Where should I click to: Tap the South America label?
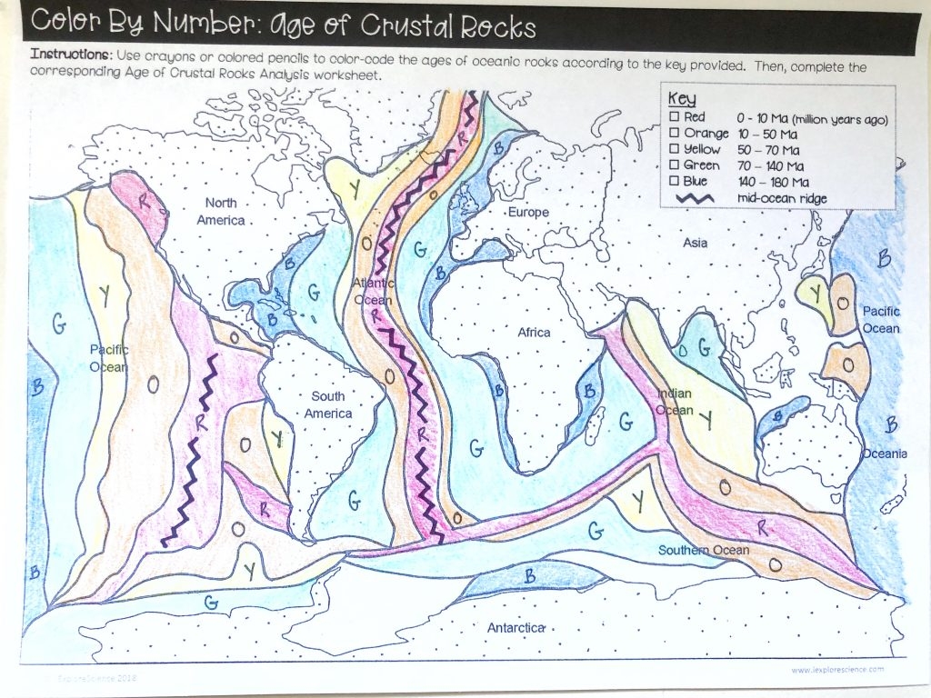328,404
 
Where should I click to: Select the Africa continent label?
534,332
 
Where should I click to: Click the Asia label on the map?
696,243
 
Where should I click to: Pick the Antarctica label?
516,627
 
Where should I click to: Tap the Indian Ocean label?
675,402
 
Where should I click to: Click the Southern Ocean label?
704,550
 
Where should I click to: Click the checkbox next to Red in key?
674,118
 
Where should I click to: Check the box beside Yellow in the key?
674,149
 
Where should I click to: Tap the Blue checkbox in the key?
674,181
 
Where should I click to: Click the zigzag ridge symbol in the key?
693,198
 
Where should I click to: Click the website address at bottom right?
836,670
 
